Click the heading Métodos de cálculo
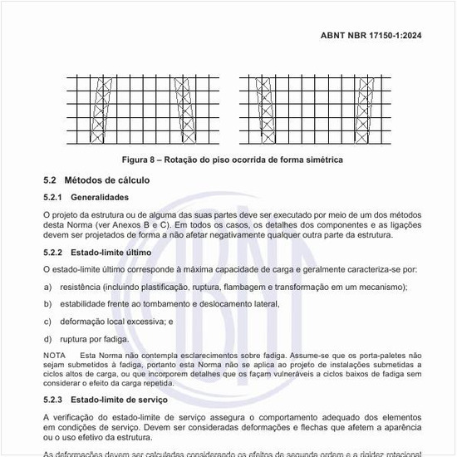tap(107, 179)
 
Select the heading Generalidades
tap(100, 198)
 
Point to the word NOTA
tap(54, 356)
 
